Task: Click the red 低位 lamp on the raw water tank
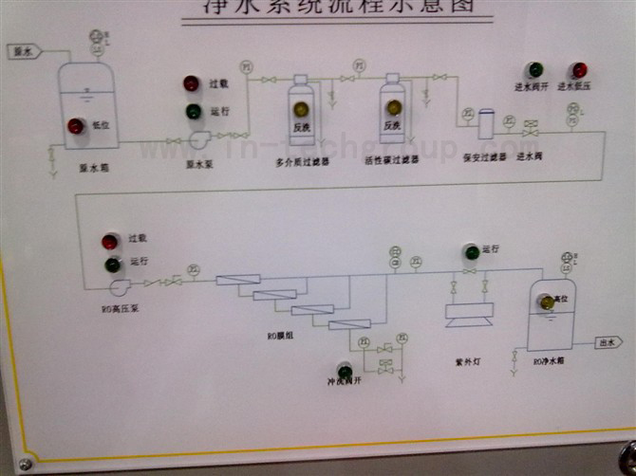[75, 126]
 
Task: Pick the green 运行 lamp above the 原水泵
[193, 111]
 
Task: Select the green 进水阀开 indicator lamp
[535, 70]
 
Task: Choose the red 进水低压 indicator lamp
[577, 70]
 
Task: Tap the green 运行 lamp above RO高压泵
[113, 265]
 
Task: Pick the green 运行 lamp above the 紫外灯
[469, 252]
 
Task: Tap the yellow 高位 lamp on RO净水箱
[547, 302]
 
